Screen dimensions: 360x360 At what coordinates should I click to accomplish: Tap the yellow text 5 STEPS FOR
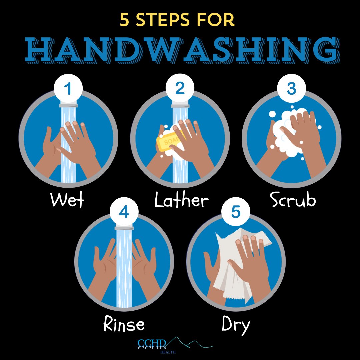tap(177, 21)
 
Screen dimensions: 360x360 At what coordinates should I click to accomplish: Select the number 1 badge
tap(68, 89)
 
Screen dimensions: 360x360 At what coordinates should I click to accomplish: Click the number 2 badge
tap(180, 89)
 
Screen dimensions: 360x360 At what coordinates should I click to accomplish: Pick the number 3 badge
tap(291, 89)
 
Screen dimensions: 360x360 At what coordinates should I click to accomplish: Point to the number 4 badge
tap(124, 213)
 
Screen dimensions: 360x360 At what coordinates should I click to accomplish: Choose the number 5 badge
tap(236, 213)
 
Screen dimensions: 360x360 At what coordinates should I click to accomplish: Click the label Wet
tap(67, 200)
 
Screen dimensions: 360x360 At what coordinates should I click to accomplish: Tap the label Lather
tap(182, 200)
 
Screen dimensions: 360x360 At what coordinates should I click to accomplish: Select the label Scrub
tap(292, 200)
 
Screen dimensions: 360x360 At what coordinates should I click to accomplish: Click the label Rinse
tap(124, 324)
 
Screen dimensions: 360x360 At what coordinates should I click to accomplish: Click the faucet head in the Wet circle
tap(68, 105)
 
